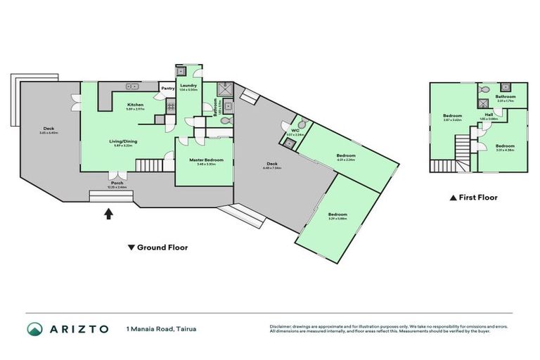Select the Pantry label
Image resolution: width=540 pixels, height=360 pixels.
pos(168,89)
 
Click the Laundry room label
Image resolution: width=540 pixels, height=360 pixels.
pos(188,85)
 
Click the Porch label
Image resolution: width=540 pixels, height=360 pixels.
pos(116,184)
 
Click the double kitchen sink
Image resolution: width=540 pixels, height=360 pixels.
pos(131,87)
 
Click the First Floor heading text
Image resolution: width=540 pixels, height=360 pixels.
pos(477,198)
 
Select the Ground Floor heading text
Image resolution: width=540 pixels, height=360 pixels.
pos(162,247)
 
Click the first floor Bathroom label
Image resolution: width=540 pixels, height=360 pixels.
pos(506,96)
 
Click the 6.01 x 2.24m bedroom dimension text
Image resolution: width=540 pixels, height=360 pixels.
pos(345,160)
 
